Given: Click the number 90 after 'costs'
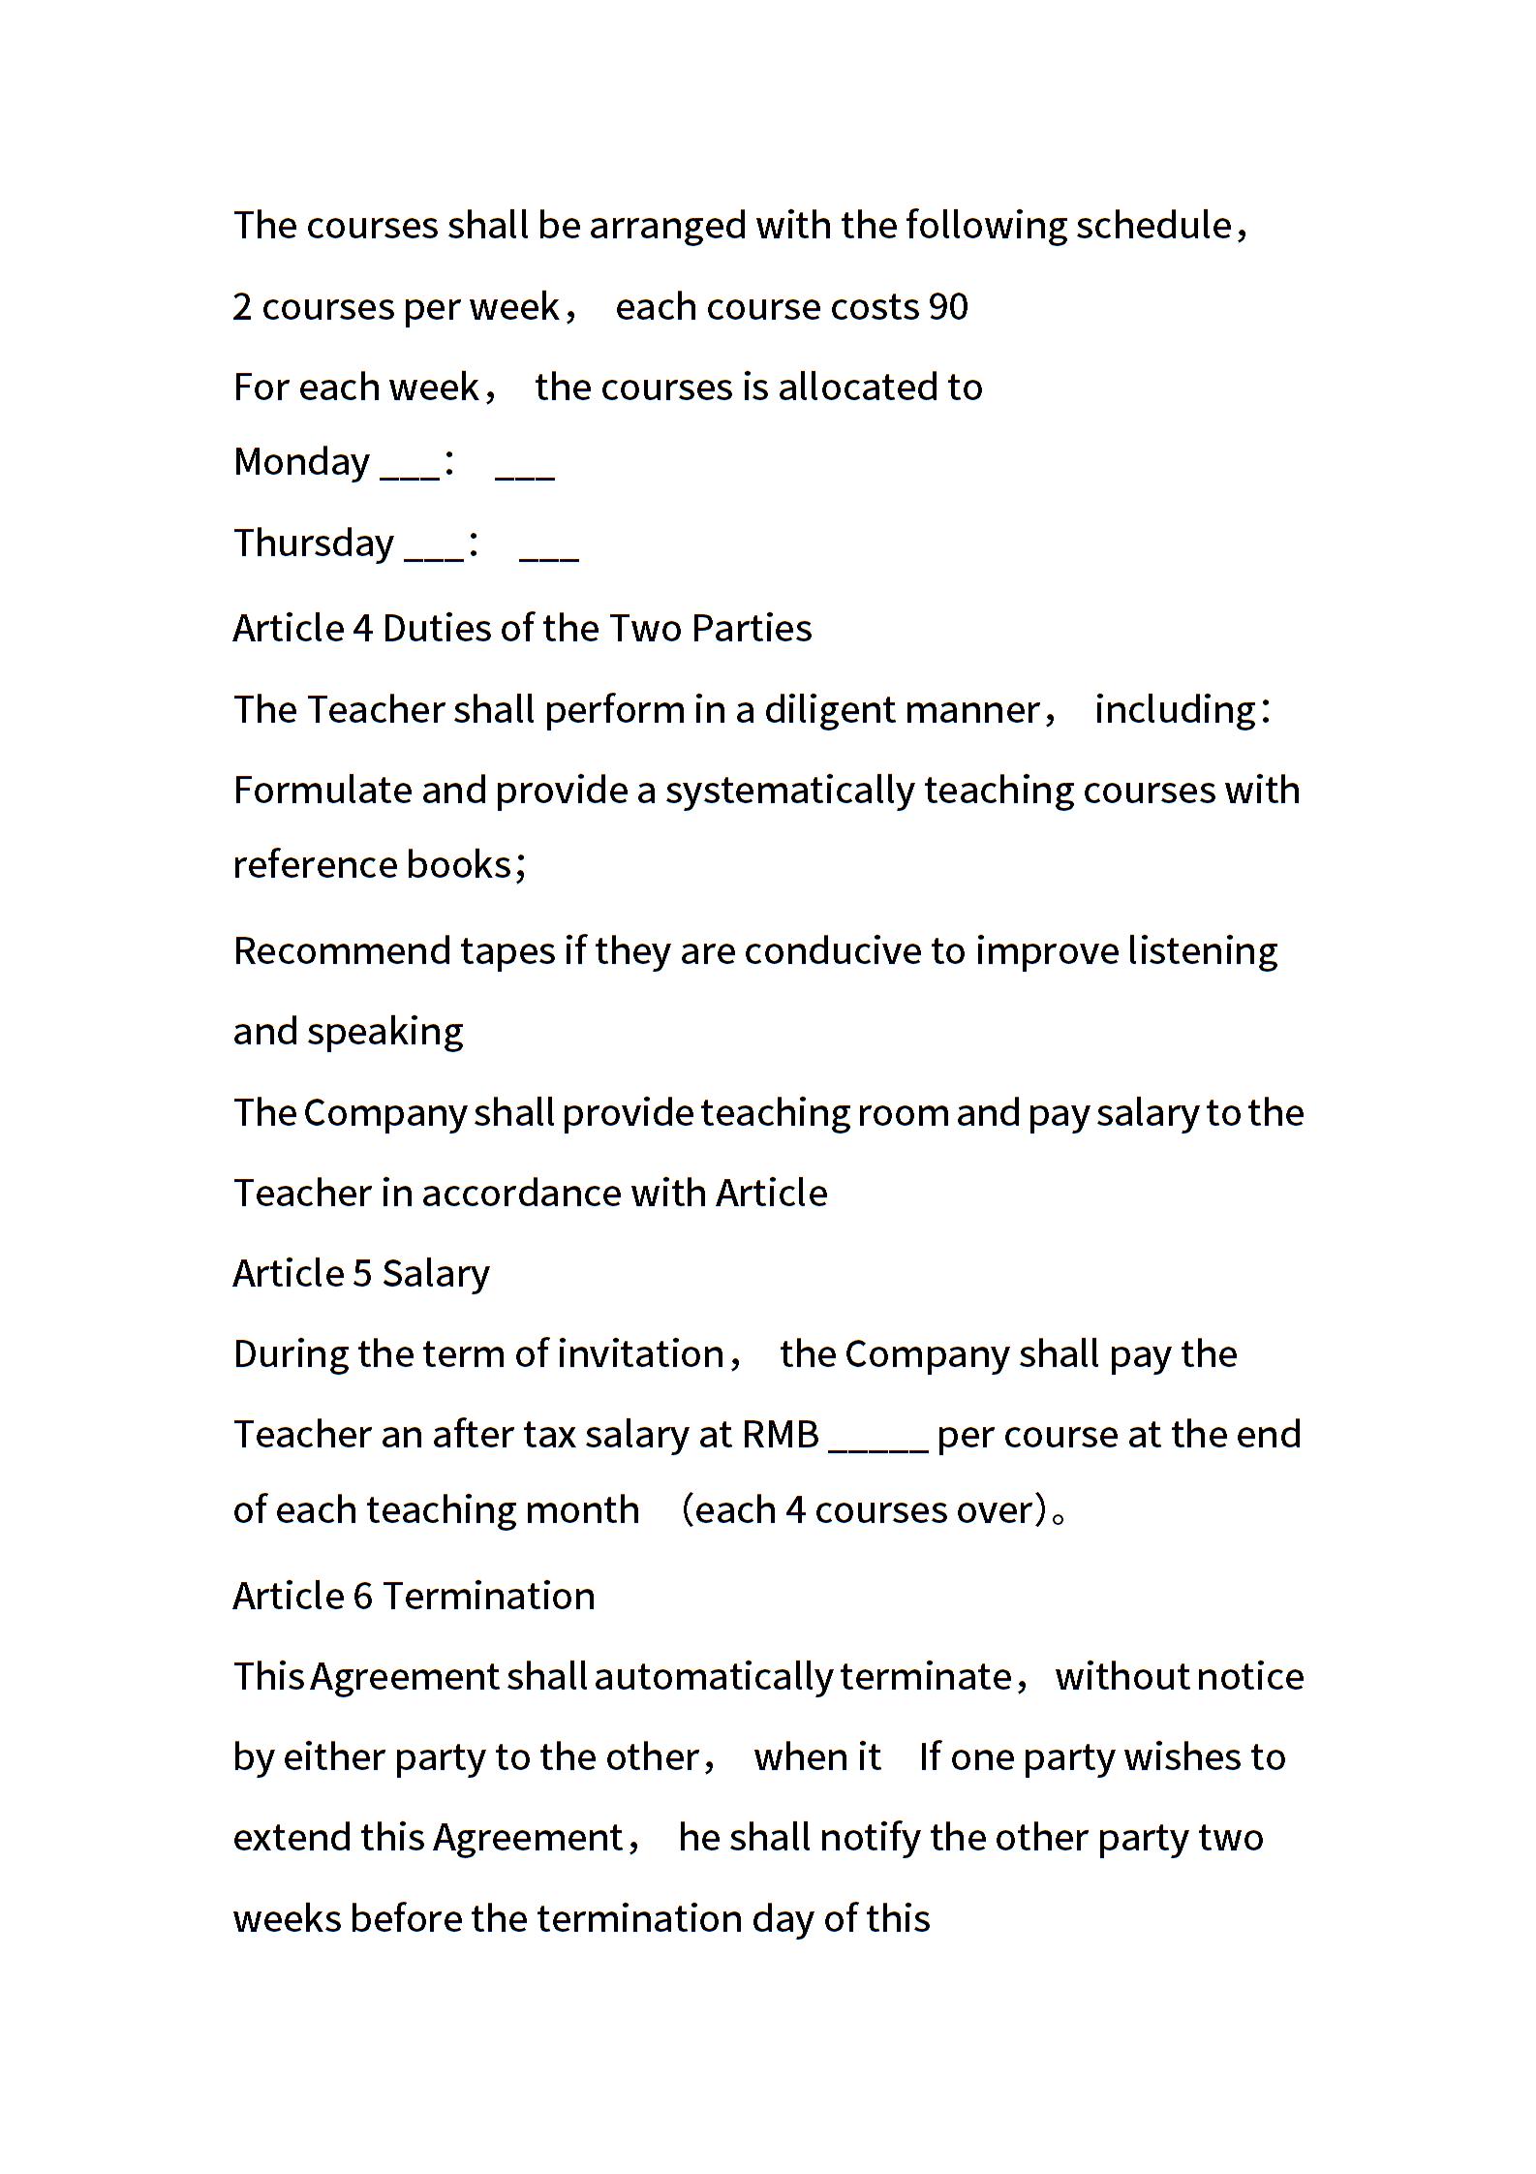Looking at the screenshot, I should click(x=948, y=307).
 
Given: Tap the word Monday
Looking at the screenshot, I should click(x=301, y=462).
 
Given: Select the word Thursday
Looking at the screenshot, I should click(x=314, y=543).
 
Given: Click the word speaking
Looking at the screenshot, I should click(x=384, y=1032).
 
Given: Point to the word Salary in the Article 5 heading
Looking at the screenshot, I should click(x=436, y=1274).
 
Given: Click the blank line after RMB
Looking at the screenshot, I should click(x=878, y=1435).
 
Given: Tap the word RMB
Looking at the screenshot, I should click(x=781, y=1435).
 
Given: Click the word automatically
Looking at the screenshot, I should click(x=713, y=1677).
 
